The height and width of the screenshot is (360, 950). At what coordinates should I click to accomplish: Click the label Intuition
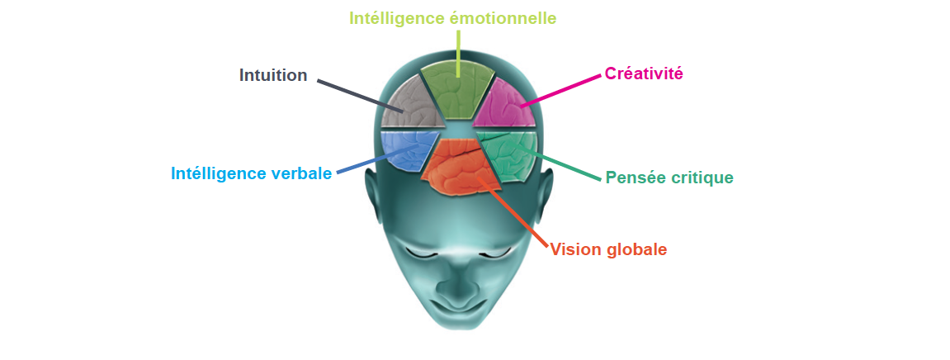[x=273, y=75]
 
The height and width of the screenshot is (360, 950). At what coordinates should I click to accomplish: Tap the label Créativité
[x=644, y=74]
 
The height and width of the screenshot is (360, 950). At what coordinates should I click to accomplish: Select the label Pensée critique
[x=669, y=178]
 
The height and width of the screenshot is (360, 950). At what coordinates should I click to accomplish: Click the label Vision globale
[x=608, y=249]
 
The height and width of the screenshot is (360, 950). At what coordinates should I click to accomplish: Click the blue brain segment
[x=407, y=149]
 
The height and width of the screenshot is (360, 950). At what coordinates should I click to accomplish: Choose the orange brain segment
[x=459, y=167]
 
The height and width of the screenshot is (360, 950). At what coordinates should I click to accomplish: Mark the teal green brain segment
[x=509, y=155]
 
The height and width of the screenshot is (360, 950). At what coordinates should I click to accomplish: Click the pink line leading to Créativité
[x=561, y=91]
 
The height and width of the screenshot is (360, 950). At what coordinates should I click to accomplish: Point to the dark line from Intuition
[x=360, y=96]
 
